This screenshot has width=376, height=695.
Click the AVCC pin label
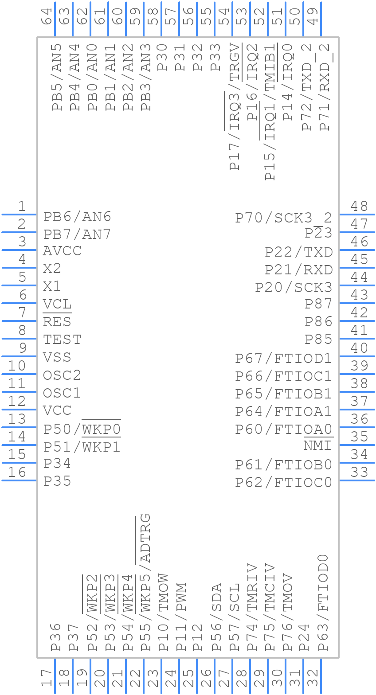click(62, 251)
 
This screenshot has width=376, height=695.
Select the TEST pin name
click(62, 340)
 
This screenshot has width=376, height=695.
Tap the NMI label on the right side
click(318, 446)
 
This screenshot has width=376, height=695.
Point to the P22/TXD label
click(299, 252)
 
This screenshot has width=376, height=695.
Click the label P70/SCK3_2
click(283, 218)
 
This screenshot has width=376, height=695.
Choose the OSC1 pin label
click(62, 393)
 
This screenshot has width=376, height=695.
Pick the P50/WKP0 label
click(82, 429)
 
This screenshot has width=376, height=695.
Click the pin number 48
click(359, 206)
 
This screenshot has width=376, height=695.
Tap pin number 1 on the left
click(21, 206)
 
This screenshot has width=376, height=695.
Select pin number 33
click(359, 472)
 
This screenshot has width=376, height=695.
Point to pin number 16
click(17, 472)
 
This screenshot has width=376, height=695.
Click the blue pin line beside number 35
click(357, 445)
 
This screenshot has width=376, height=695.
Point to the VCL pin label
click(57, 305)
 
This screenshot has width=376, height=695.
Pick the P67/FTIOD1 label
click(283, 358)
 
